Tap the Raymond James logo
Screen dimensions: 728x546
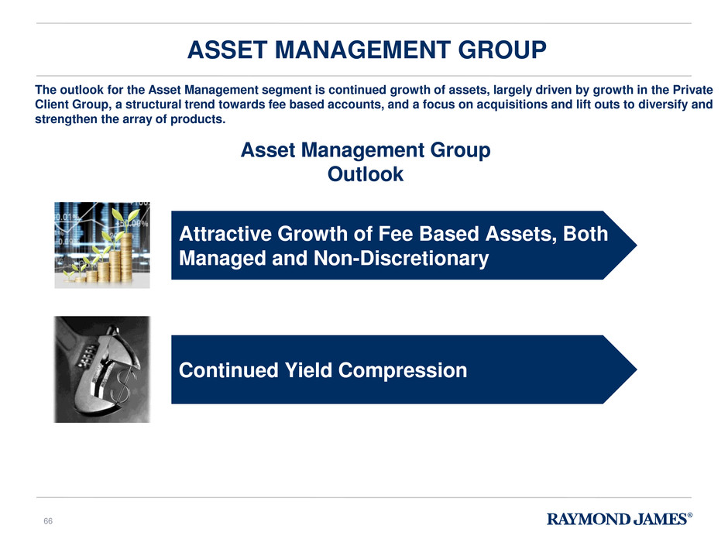(x=620, y=519)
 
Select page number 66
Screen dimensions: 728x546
(x=48, y=521)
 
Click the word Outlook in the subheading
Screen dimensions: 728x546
(x=366, y=174)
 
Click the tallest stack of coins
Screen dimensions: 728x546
(x=126, y=258)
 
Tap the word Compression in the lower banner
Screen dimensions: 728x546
(x=402, y=371)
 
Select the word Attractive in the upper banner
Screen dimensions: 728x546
(x=225, y=234)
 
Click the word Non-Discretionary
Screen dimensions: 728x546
(x=401, y=259)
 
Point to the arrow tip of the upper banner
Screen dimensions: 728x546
(x=637, y=246)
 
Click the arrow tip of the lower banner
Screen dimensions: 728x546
(x=637, y=369)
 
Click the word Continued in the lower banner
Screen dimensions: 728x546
(x=228, y=370)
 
